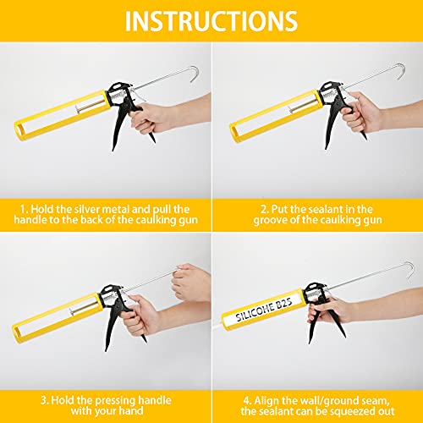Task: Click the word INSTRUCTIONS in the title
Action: pyautogui.click(x=211, y=20)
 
